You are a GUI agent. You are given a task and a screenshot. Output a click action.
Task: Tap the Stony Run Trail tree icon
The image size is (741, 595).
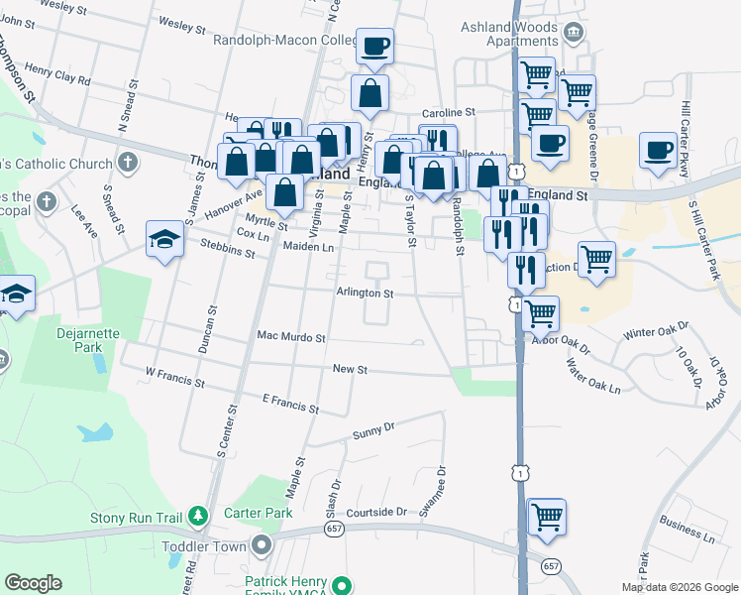tap(199, 516)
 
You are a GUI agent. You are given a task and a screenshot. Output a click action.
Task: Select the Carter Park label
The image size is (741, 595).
tap(259, 513)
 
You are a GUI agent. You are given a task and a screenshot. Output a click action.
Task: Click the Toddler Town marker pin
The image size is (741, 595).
tap(261, 544)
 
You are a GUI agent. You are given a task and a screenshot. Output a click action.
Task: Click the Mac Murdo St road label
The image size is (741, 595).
tap(291, 338)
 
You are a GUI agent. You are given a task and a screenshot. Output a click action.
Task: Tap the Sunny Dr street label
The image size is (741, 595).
tap(374, 431)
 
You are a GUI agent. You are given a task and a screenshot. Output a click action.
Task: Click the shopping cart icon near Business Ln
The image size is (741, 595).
tap(546, 517)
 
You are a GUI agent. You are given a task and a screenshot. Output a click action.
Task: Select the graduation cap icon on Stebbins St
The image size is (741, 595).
tap(164, 238)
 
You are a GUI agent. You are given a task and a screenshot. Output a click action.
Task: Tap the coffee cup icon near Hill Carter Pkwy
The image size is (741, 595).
tap(658, 151)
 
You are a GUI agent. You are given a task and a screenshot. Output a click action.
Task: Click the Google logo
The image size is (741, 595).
tap(33, 583)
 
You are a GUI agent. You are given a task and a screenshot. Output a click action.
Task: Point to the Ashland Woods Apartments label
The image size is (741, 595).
tap(523, 34)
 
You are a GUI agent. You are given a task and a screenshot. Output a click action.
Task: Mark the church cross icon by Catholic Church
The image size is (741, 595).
tap(127, 162)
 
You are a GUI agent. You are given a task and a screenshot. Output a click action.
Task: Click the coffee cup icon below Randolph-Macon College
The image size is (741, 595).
tap(374, 46)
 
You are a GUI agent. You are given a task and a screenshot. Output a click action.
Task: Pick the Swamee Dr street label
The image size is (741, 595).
tap(433, 492)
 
